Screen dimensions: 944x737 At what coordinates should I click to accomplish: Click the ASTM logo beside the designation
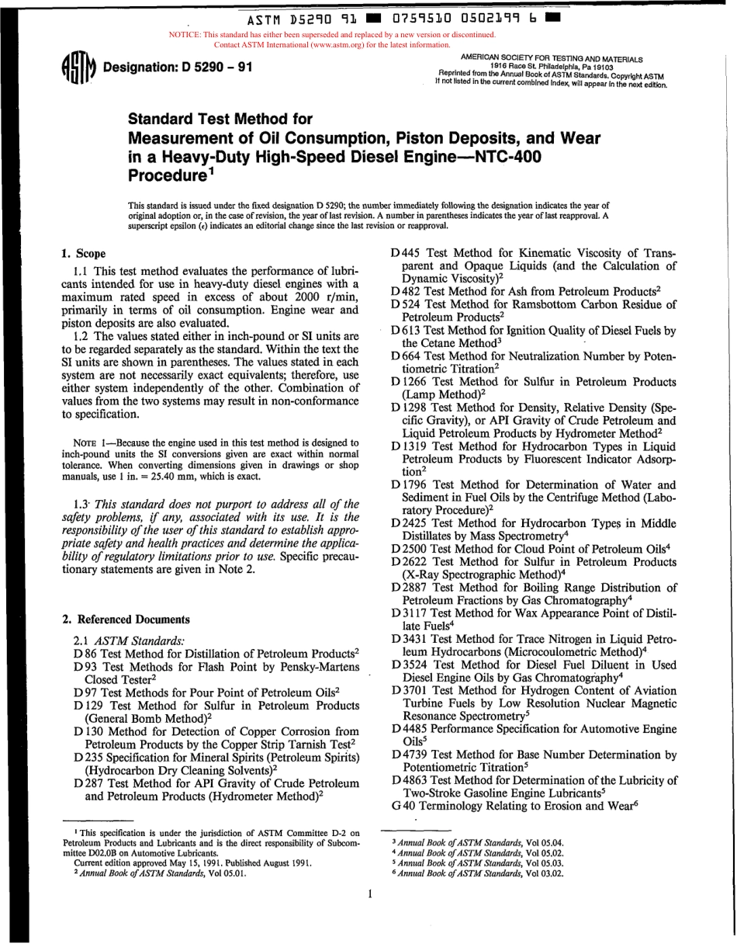(74, 71)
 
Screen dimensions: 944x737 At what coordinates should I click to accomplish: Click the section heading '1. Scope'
(84, 254)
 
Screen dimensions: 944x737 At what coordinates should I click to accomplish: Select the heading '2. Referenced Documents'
(125, 619)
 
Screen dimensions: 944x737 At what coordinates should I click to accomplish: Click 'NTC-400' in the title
(503, 154)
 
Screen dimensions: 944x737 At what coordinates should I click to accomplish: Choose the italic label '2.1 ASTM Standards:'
(129, 640)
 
